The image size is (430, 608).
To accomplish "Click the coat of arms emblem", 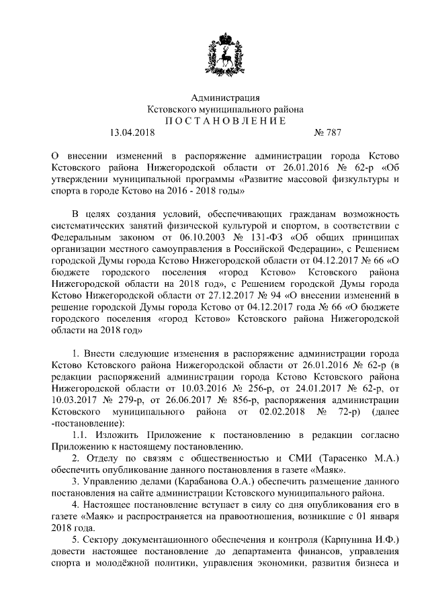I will [225, 54].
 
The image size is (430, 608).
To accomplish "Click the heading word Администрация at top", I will [225, 98].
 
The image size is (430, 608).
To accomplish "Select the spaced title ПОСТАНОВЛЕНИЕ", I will [225, 120].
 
